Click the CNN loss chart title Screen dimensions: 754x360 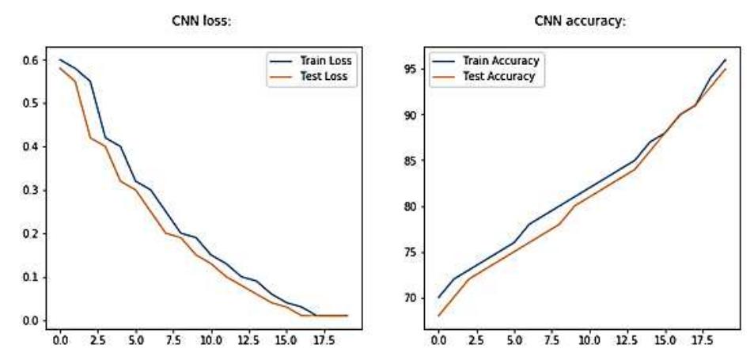(202, 21)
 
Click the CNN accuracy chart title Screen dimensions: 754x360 (581, 21)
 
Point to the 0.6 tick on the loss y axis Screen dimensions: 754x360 (32, 60)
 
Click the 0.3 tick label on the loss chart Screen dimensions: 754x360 (32, 191)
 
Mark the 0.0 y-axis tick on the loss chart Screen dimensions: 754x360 (32, 320)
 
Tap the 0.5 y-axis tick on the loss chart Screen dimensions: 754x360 (32, 104)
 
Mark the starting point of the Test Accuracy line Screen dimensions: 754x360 (438, 316)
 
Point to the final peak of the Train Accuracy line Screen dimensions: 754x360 (726, 59)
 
